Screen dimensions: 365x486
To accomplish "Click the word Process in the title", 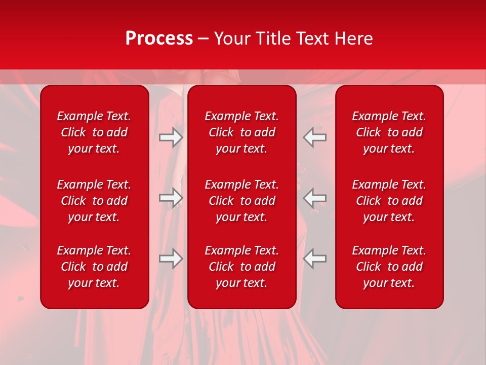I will pos(159,39).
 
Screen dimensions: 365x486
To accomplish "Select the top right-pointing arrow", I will pos(171,137).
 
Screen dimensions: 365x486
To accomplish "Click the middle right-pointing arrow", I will pos(171,198).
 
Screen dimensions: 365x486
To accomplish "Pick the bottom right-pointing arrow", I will pos(171,259).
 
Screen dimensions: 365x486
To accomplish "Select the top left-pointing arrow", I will pos(315,137).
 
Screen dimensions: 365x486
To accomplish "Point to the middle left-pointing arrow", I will pos(315,198).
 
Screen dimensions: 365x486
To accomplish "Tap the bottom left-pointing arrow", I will pos(315,259).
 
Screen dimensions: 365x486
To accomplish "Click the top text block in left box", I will pos(94,132).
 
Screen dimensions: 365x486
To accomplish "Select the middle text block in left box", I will pos(94,201).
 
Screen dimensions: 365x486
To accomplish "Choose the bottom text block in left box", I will pos(94,267).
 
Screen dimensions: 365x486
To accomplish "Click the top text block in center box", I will pos(241,132).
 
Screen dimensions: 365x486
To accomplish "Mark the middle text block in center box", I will pos(241,201).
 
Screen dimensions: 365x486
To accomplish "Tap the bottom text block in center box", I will pos(241,267).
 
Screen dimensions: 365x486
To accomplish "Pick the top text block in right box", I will pos(389,132).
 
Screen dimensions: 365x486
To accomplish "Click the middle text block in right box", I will pos(389,201).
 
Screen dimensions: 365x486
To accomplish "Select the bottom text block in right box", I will pos(389,267).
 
